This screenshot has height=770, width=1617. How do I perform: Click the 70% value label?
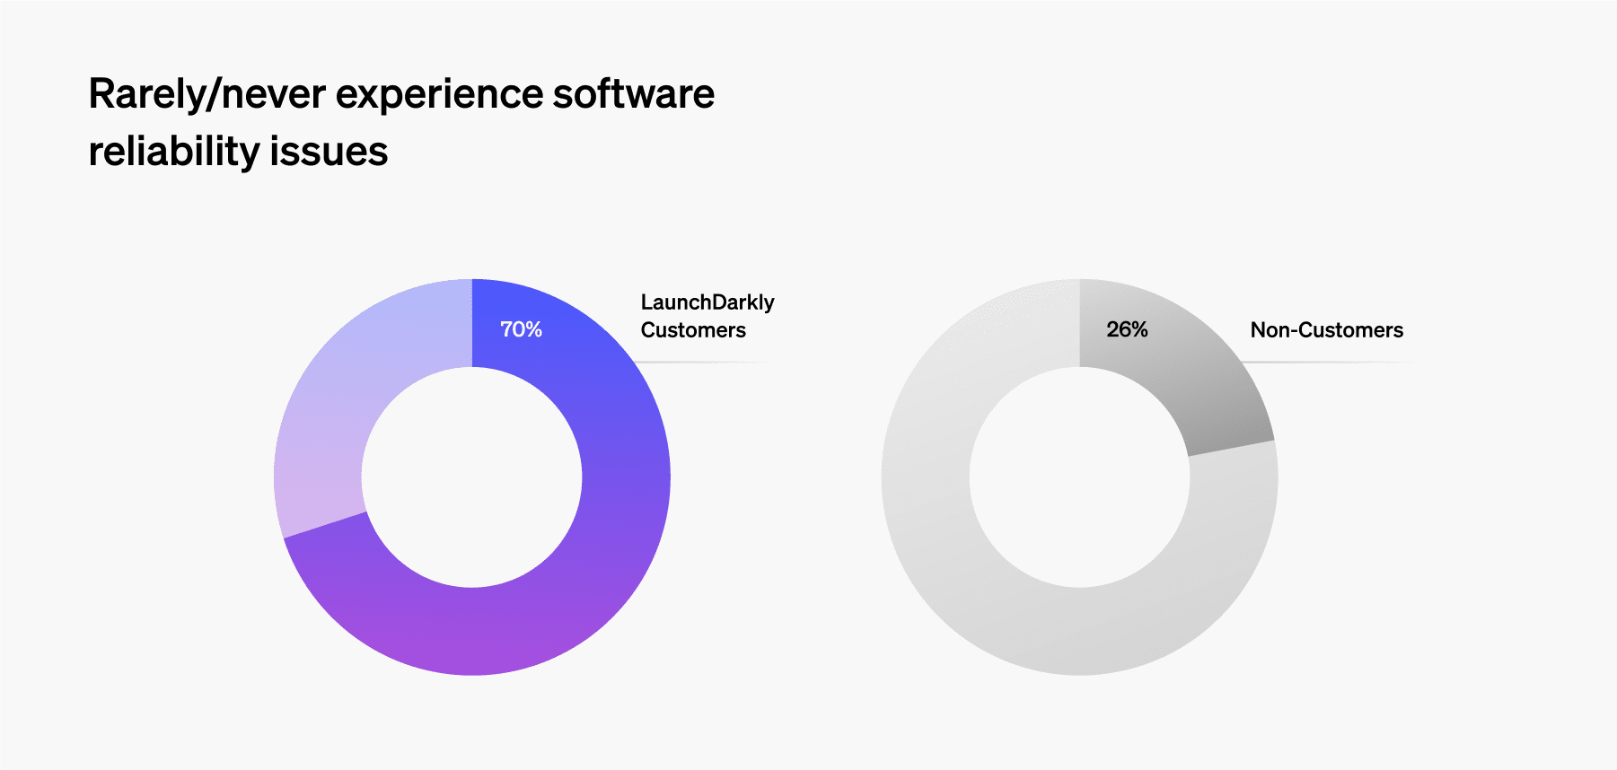[521, 329]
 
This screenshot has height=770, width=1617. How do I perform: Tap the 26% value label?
[1127, 329]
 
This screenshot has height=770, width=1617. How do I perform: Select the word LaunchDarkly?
[707, 302]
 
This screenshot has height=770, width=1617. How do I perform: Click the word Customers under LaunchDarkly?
[693, 330]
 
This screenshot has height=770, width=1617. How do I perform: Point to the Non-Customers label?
[1326, 330]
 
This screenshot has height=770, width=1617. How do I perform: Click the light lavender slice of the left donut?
[350, 395]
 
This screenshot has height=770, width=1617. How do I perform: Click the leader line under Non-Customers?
[1329, 363]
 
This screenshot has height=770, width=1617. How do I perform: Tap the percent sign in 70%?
[533, 329]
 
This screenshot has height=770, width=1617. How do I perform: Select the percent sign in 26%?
[1139, 329]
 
